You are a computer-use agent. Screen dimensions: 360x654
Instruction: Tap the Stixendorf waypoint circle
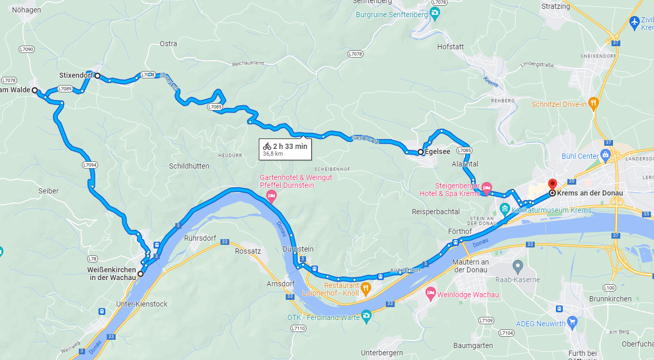tap(97, 76)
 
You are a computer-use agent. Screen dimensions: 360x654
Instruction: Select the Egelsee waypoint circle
tap(420, 152)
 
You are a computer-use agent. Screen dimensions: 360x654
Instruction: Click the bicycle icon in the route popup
tap(267, 146)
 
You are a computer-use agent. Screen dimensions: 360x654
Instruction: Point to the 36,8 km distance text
tap(273, 154)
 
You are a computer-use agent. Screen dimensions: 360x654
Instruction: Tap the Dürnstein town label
tap(298, 249)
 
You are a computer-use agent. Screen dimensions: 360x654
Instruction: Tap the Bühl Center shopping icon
tap(605, 155)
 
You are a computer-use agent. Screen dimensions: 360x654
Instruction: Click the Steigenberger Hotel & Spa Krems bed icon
tap(486, 187)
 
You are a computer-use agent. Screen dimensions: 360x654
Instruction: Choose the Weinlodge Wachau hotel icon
tap(430, 294)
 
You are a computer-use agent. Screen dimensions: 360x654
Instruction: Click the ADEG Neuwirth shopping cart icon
tap(572, 322)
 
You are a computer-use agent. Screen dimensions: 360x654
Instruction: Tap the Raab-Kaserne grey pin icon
tap(517, 267)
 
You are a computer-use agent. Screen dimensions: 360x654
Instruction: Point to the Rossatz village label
tap(248, 251)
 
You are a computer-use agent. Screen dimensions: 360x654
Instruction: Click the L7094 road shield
tap(90, 165)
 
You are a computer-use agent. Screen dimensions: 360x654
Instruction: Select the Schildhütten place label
tap(189, 166)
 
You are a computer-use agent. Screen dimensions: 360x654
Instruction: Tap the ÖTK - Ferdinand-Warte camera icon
tap(367, 315)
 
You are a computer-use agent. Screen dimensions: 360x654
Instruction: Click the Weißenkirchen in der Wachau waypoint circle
tap(140, 273)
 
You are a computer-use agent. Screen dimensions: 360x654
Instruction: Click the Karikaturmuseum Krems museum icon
tap(505, 209)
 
